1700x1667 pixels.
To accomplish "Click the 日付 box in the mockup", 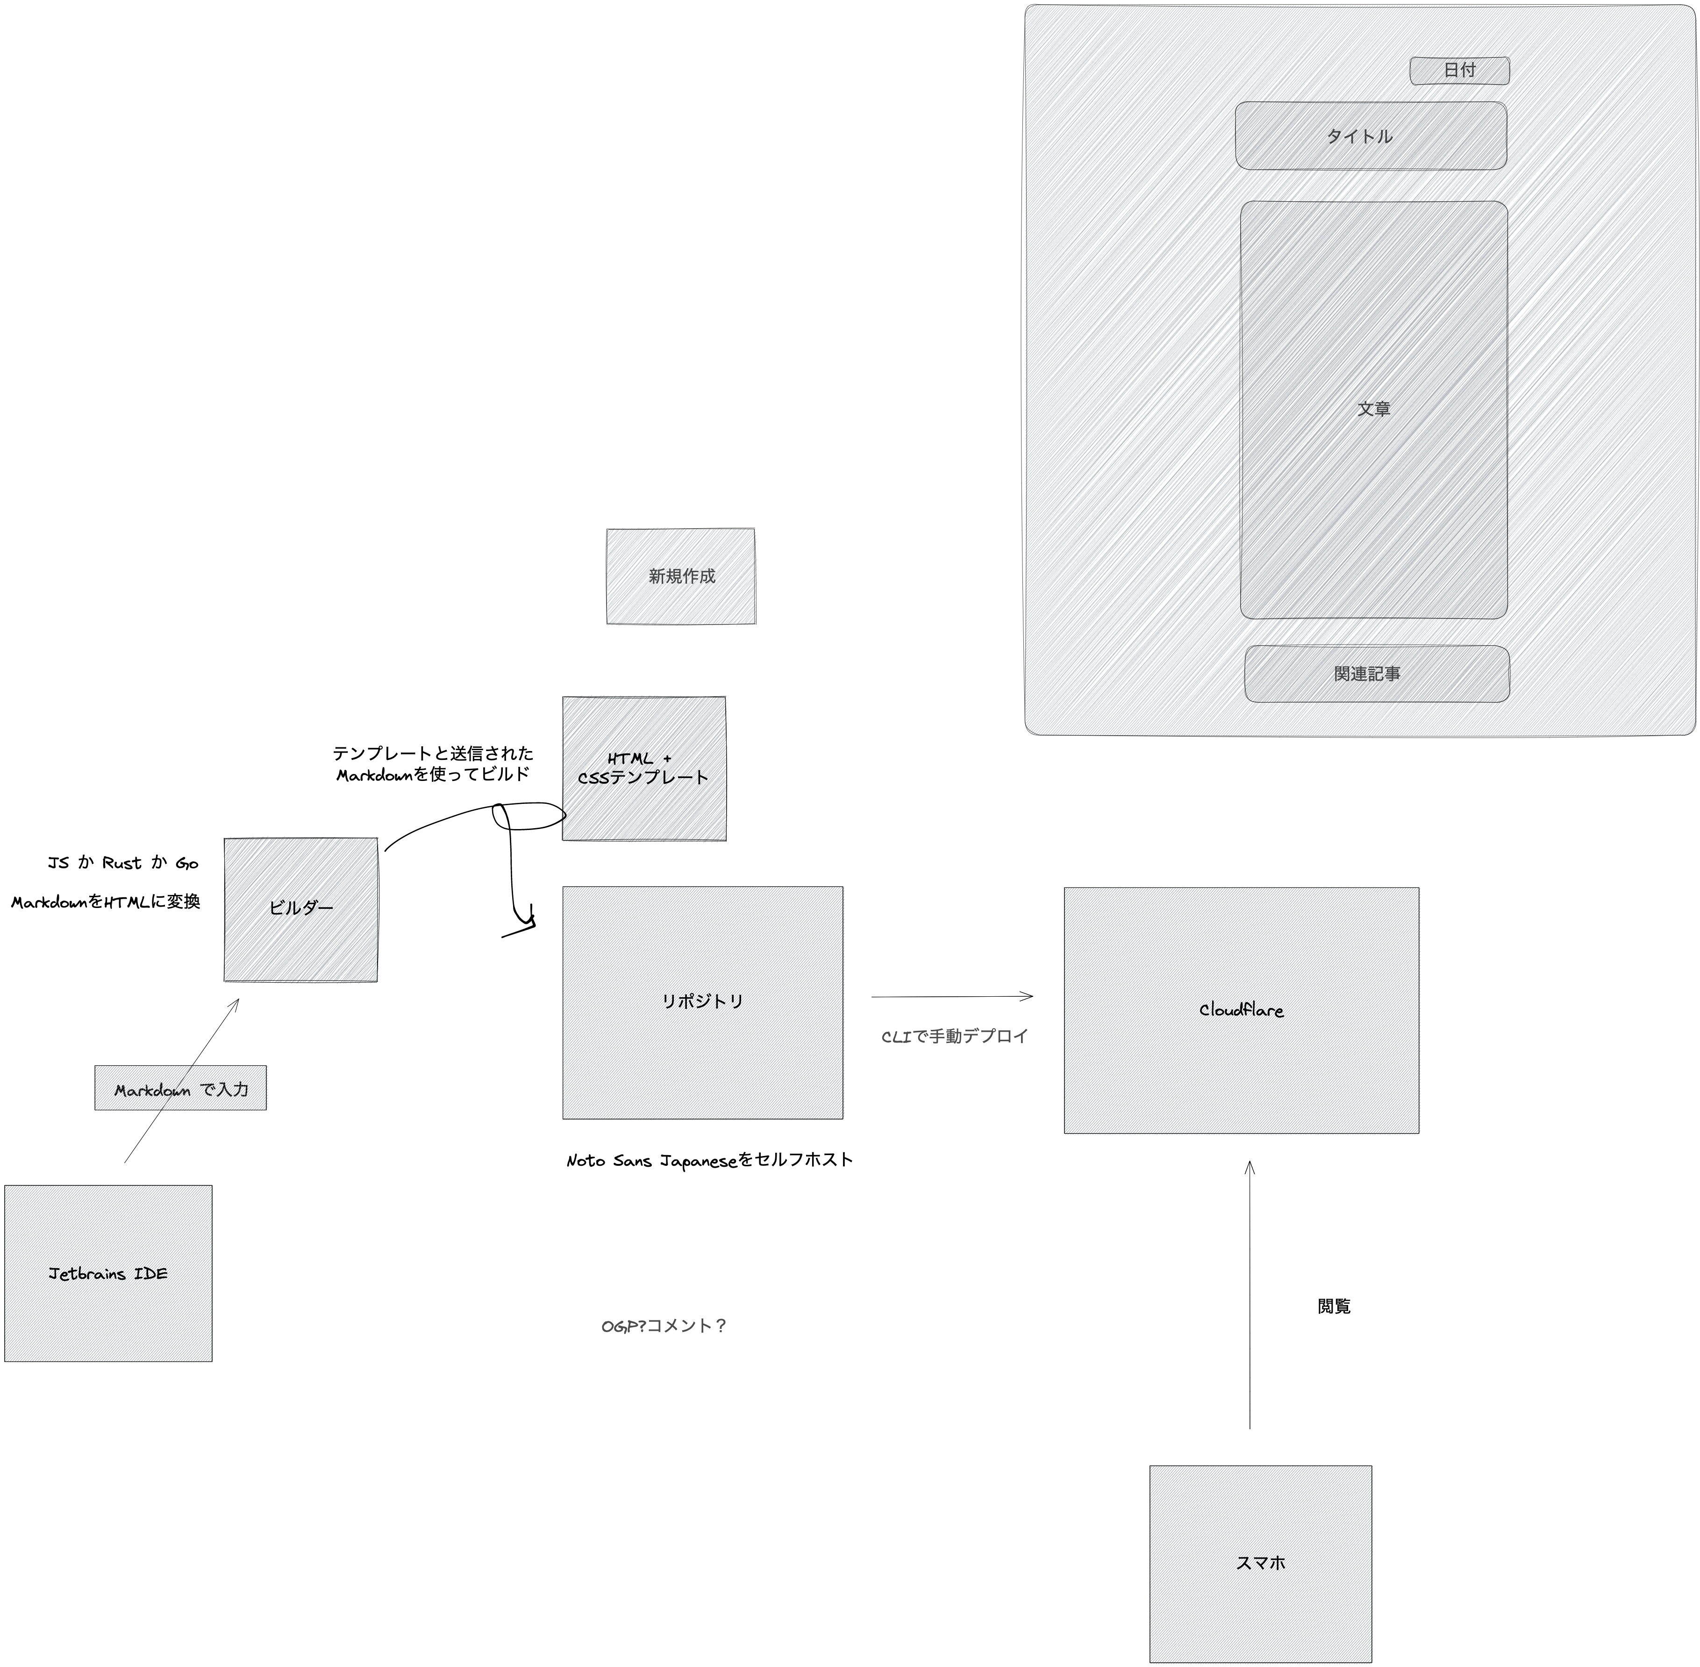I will click(x=1459, y=71).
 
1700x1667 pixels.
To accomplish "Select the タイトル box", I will click(x=1371, y=136).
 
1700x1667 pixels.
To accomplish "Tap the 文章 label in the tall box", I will click(x=1373, y=409).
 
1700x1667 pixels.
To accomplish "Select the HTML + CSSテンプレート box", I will click(x=644, y=769).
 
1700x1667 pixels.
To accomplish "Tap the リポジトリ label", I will click(x=702, y=1001).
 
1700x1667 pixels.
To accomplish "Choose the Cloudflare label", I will click(x=1241, y=1010).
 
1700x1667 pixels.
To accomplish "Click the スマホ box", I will click(x=1260, y=1562).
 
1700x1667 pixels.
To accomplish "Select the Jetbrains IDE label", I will click(x=108, y=1274).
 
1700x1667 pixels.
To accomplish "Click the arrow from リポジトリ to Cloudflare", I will click(x=952, y=996).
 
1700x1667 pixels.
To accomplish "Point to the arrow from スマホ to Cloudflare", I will click(x=1250, y=1296).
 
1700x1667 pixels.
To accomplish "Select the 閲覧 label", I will click(x=1334, y=1306).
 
